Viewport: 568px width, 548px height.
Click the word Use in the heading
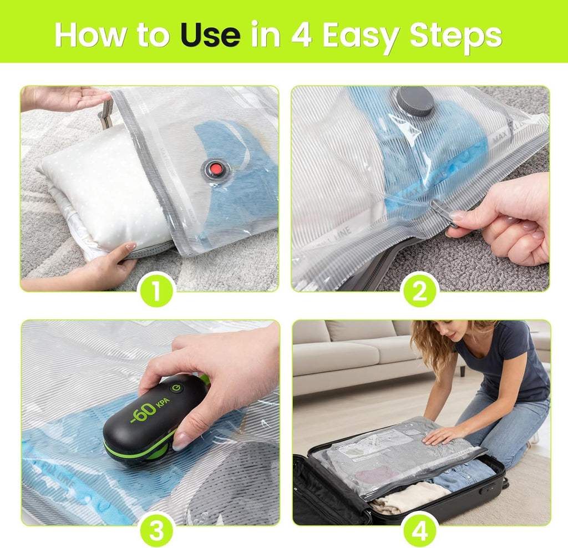coord(210,35)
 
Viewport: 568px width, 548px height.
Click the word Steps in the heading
coord(455,35)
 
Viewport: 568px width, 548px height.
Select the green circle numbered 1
coord(156,290)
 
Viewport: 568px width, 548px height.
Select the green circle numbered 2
coord(420,290)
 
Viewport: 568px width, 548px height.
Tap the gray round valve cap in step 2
coord(415,102)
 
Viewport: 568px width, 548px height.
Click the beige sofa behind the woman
coord(355,355)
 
